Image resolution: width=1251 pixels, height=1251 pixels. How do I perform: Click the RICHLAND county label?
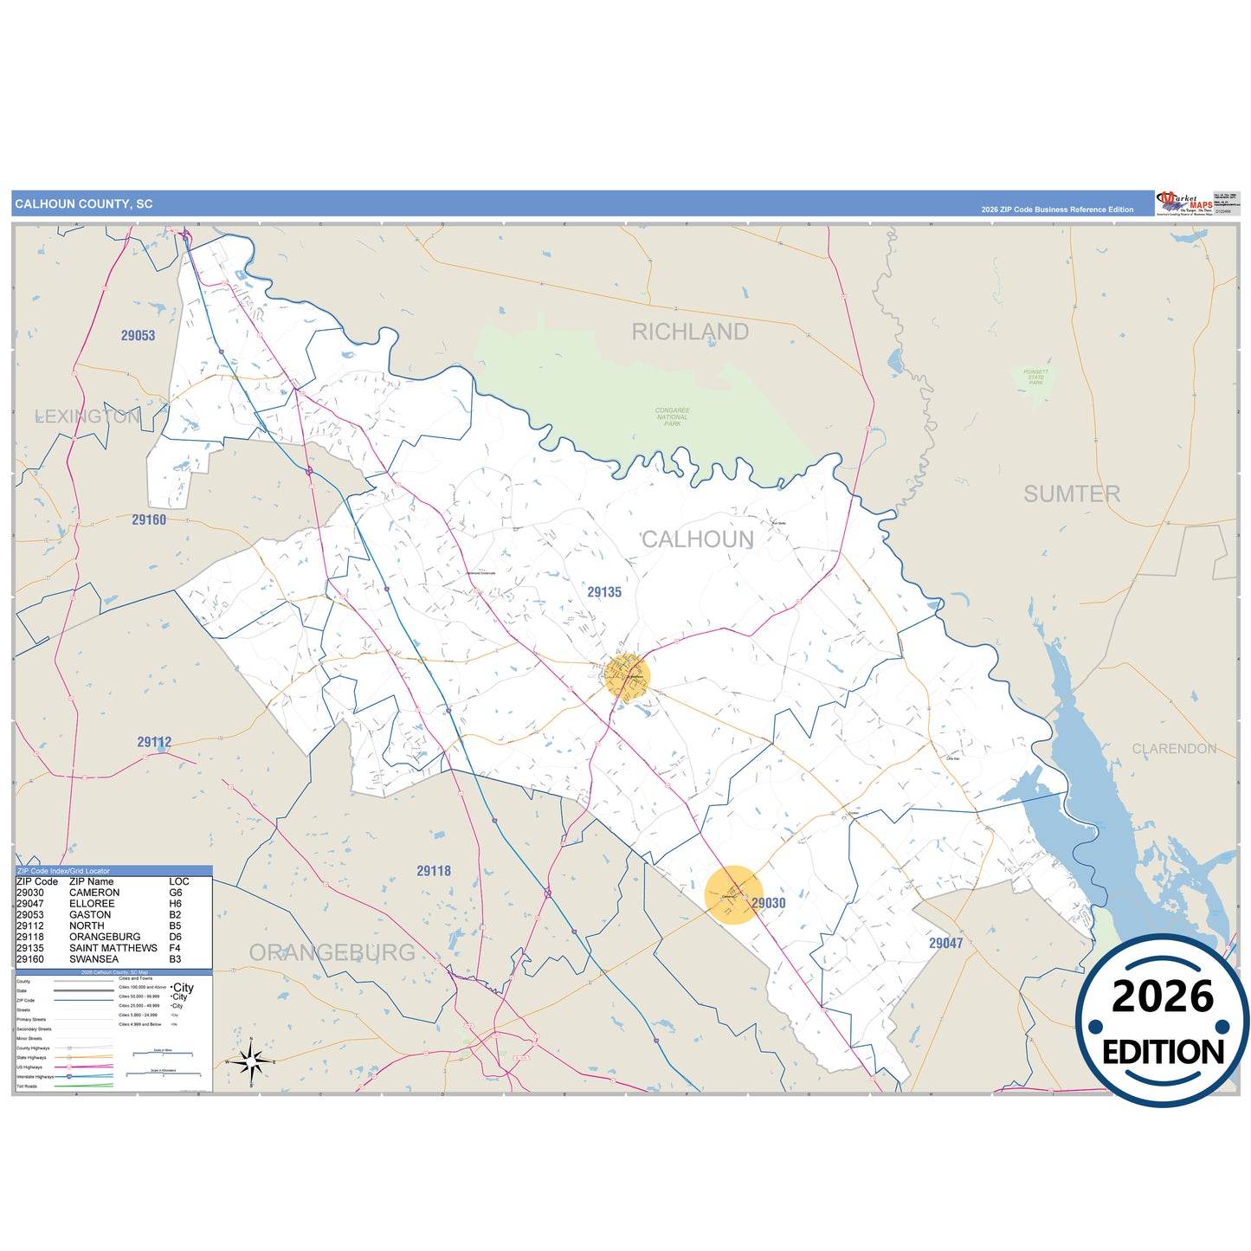click(x=690, y=332)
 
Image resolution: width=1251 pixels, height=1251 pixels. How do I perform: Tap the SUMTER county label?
click(x=1072, y=494)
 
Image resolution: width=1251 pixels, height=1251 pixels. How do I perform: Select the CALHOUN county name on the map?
click(x=697, y=539)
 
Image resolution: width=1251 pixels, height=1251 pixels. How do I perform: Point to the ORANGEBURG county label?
click(x=332, y=952)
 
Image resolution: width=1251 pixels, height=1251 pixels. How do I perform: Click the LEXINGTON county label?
click(x=87, y=416)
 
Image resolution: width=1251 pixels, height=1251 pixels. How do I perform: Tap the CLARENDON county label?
click(x=1174, y=749)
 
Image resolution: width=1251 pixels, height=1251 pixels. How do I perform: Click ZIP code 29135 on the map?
click(x=604, y=592)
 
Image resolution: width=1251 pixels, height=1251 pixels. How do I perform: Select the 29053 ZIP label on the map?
click(x=138, y=336)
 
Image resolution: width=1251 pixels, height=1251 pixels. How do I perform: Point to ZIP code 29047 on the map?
click(x=945, y=944)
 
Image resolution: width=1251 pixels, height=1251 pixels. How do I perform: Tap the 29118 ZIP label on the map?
click(x=434, y=871)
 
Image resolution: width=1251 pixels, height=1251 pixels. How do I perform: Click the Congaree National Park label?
click(x=673, y=417)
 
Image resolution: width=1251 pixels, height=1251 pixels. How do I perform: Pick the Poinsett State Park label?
click(x=1036, y=377)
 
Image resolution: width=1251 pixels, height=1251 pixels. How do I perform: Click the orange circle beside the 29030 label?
click(x=733, y=895)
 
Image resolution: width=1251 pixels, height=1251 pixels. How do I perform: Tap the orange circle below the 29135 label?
click(x=627, y=676)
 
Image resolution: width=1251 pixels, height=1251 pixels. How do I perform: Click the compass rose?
click(x=251, y=1061)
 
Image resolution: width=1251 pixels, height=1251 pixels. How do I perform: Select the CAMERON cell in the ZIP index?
click(x=94, y=893)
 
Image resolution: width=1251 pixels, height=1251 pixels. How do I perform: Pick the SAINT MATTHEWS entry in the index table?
click(x=113, y=948)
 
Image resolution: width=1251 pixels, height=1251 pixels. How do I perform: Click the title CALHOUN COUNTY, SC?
click(x=84, y=204)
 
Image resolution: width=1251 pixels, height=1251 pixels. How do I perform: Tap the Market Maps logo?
click(x=1184, y=203)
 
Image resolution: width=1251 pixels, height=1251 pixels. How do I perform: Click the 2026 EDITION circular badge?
click(x=1163, y=1021)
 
